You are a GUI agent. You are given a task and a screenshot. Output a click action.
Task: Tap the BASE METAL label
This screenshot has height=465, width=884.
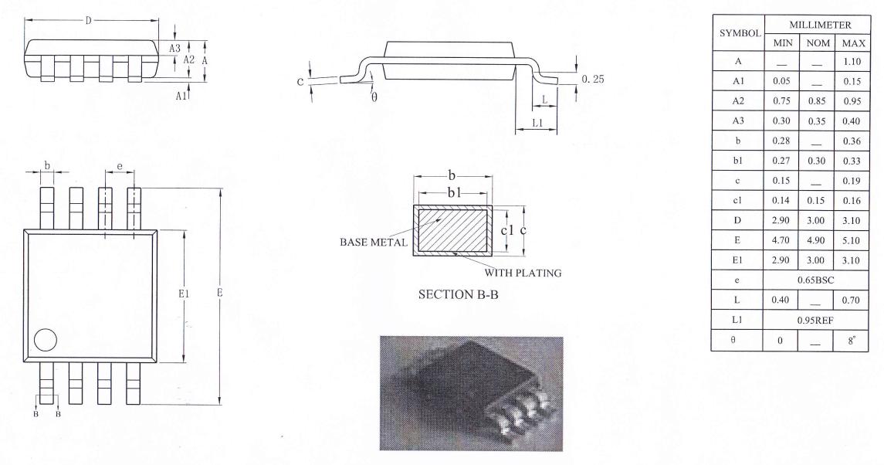(x=368, y=242)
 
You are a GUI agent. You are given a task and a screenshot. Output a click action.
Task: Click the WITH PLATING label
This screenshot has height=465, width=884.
(x=523, y=273)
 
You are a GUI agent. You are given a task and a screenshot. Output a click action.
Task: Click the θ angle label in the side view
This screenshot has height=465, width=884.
(x=374, y=97)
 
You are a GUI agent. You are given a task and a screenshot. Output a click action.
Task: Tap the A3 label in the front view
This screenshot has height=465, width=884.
(x=175, y=48)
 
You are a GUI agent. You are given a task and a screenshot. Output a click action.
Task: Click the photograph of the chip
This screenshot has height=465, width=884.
(x=472, y=393)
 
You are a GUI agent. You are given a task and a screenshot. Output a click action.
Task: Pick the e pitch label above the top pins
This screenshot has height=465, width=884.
(x=119, y=166)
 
